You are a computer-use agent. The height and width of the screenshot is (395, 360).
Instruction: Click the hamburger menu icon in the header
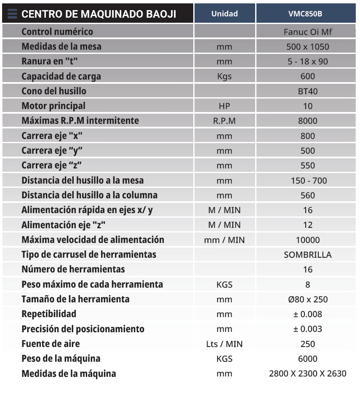click(x=12, y=14)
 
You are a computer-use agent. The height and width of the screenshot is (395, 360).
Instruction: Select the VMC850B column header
click(x=307, y=13)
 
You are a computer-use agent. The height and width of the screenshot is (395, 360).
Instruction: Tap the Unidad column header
click(x=224, y=13)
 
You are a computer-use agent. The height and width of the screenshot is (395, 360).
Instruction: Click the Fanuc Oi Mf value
click(x=308, y=32)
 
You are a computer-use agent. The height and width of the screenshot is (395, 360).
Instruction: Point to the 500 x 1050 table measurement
click(x=308, y=47)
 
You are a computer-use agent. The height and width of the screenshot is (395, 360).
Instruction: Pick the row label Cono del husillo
click(x=54, y=91)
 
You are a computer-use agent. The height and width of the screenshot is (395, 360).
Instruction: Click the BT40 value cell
click(x=308, y=91)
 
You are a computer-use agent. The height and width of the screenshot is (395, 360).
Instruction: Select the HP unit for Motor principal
click(x=224, y=106)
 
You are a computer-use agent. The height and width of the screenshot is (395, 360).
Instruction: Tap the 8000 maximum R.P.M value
click(x=308, y=121)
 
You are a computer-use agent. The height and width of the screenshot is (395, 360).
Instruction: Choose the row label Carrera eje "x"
click(x=51, y=136)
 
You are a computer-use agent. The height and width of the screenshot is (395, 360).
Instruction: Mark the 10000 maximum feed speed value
click(x=308, y=240)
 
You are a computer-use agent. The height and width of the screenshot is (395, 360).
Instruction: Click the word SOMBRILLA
click(x=308, y=255)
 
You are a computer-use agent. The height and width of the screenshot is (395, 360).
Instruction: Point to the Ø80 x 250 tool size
click(x=308, y=299)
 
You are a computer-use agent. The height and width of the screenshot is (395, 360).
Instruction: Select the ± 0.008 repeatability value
click(x=308, y=314)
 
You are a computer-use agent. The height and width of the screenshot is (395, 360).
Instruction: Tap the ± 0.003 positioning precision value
click(x=308, y=329)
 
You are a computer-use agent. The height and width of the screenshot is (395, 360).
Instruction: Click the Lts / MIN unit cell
click(x=224, y=344)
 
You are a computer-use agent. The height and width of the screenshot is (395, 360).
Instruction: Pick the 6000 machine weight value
click(x=308, y=359)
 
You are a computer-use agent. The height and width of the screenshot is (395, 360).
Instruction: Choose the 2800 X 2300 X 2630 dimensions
click(x=308, y=374)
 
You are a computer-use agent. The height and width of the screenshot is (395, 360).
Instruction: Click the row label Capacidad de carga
click(x=61, y=77)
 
